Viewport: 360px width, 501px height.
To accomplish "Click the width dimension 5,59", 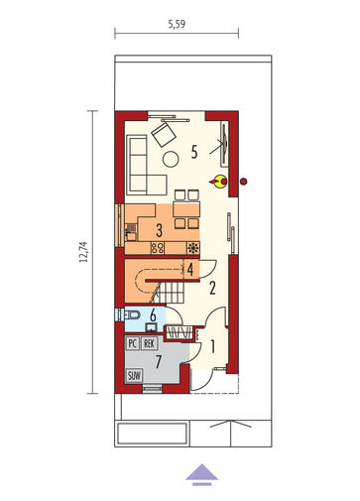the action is [x=177, y=24].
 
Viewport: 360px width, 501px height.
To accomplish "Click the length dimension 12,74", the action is [x=83, y=252].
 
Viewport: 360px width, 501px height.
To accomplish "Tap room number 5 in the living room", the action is [x=194, y=152].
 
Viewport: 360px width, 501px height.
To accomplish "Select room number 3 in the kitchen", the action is [x=159, y=230].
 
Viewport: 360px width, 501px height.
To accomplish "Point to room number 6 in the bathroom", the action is [x=153, y=315].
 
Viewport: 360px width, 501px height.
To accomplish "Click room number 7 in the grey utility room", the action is [x=159, y=361].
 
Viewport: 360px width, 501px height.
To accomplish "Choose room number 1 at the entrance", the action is [x=212, y=347].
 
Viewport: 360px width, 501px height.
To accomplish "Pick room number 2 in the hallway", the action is [x=212, y=288].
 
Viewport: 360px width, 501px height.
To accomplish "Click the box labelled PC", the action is [x=132, y=343].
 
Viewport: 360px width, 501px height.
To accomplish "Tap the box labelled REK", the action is [x=150, y=343].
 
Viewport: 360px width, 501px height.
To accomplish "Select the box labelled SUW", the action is [x=134, y=376].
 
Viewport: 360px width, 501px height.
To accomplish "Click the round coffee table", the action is [x=171, y=159].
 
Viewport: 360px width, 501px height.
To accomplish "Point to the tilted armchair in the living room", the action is [x=164, y=134].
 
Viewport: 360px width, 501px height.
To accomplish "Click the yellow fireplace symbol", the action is [x=219, y=182].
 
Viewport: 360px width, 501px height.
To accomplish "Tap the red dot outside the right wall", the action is [x=244, y=182].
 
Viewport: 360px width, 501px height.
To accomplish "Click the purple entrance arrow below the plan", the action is [x=201, y=474].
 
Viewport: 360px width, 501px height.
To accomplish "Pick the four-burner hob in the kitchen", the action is [x=158, y=248].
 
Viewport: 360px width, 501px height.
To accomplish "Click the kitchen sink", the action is [x=131, y=232].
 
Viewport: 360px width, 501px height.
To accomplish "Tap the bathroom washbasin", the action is [x=152, y=327].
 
